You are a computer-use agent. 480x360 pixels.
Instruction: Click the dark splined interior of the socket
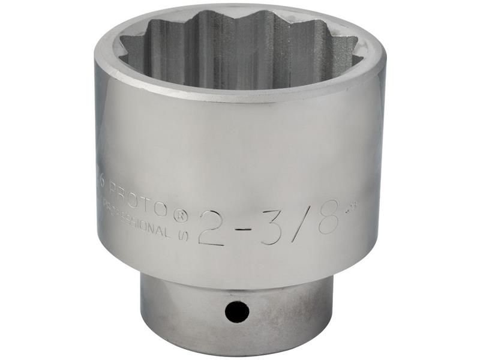click(x=240, y=48)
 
